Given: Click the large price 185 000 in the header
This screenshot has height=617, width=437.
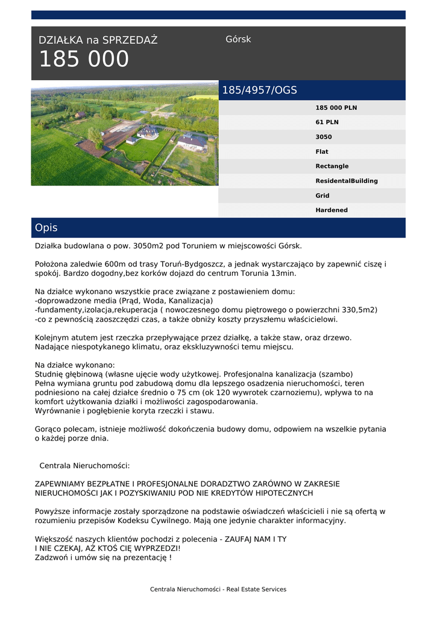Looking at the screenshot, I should [x=84, y=60].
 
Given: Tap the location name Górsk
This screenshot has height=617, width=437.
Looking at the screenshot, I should [x=238, y=39].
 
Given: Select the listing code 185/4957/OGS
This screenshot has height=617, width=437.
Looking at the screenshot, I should [x=260, y=90].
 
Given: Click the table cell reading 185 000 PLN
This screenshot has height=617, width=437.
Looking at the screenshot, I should [x=336, y=108].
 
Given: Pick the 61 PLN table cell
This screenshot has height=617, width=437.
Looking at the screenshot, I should [x=327, y=122].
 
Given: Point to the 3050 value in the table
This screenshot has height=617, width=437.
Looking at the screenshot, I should [x=324, y=137].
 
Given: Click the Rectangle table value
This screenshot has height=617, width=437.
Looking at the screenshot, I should [x=332, y=166].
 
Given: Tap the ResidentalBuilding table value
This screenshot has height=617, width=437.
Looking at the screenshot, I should [x=347, y=181].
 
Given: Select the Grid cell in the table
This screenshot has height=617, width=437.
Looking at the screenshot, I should [x=322, y=196].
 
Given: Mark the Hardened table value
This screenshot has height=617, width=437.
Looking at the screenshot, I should [x=332, y=210].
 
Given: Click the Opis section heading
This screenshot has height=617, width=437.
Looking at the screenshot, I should [x=46, y=228].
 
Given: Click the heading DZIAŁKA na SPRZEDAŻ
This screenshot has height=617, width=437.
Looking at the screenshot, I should [x=98, y=40].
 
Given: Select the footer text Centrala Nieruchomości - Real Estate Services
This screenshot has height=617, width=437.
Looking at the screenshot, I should [x=218, y=589].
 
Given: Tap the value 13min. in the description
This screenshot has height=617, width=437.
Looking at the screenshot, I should [x=283, y=273].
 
